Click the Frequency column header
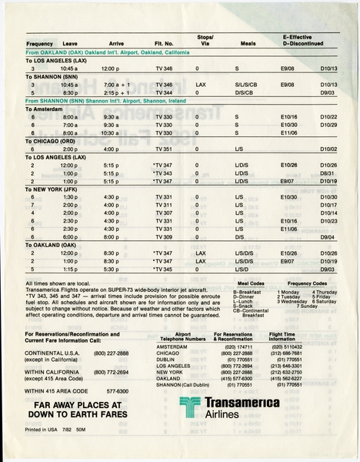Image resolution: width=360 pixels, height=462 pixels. [x=38, y=44]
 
